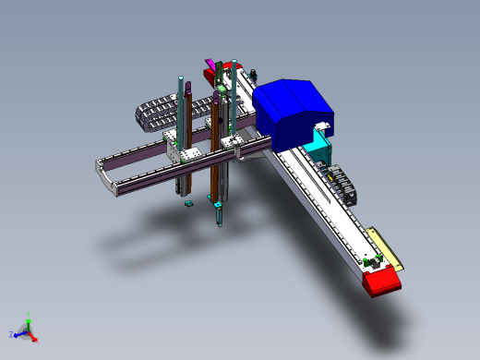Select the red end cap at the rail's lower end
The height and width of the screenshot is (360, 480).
coord(382,282)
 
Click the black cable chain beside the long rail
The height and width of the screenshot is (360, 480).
coord(340,181)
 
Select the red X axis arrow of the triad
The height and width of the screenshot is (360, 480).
coord(34,339)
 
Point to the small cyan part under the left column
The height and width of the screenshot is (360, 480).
coord(188,202)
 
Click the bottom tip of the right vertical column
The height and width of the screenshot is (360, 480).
coord(220,222)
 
